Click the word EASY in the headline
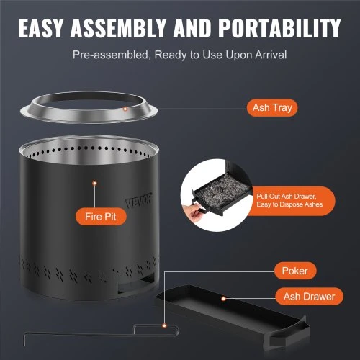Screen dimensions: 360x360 [x=41, y=28]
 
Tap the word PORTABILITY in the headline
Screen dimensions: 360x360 [x=279, y=28]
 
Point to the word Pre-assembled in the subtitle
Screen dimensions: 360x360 [x=112, y=55]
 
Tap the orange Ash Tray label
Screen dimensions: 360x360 [x=272, y=108]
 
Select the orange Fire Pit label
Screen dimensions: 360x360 [x=101, y=217]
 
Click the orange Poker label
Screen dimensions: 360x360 [x=295, y=271]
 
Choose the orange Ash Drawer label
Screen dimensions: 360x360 [x=309, y=297]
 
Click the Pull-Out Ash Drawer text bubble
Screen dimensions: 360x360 [x=289, y=201]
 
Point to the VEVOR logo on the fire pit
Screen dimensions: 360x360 [x=138, y=200]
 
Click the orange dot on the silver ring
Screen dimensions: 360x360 [x=125, y=109]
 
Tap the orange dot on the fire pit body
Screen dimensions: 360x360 [x=95, y=184]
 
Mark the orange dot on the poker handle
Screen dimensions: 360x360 [x=164, y=325]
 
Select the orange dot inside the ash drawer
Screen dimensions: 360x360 [x=223, y=299]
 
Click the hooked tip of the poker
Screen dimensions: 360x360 [x=24, y=338]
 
